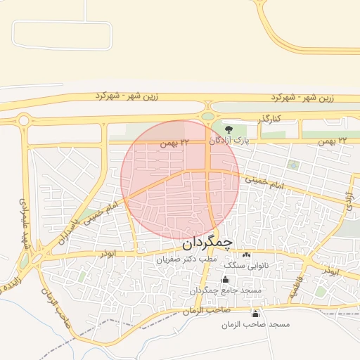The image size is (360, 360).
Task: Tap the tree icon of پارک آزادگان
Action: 229,128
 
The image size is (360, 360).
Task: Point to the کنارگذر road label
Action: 268,119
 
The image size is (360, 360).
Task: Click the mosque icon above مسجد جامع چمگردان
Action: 225,280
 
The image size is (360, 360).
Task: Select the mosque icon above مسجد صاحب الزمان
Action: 255,314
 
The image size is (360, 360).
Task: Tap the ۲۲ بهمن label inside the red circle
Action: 175,143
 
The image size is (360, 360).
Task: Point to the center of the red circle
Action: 180,179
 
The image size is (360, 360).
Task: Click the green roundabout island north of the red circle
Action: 207,115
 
